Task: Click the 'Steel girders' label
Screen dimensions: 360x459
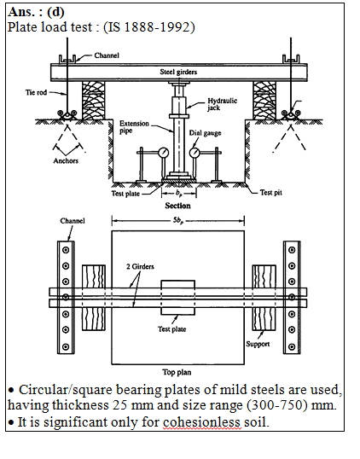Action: tap(178, 72)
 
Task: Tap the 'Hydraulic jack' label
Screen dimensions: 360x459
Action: tap(222, 104)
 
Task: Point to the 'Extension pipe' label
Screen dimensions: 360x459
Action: tap(134, 127)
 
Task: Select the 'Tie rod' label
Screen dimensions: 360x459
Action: tap(36, 92)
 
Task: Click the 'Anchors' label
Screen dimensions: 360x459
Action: tap(66, 160)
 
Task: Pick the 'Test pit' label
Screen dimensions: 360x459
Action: tap(271, 193)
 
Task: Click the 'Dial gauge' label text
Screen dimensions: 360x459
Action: tap(205, 133)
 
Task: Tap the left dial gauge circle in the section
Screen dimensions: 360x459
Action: tap(163, 153)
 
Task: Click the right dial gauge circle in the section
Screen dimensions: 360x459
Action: tap(195, 153)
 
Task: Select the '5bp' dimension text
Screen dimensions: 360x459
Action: tap(178, 221)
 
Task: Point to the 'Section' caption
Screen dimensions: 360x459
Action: tap(177, 206)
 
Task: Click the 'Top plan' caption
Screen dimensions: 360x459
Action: tap(177, 372)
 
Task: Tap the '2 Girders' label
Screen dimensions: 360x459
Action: tap(140, 267)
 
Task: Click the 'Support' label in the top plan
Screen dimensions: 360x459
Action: tap(258, 345)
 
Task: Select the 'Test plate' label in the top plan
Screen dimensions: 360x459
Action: tap(171, 329)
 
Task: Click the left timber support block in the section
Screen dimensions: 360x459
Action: tap(94, 101)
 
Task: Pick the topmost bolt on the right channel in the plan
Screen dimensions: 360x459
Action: tap(292, 250)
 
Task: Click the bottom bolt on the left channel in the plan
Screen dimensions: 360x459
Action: tap(66, 347)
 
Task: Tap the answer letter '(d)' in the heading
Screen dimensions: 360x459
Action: tap(55, 12)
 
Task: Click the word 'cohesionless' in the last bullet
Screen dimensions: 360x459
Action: tap(202, 422)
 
